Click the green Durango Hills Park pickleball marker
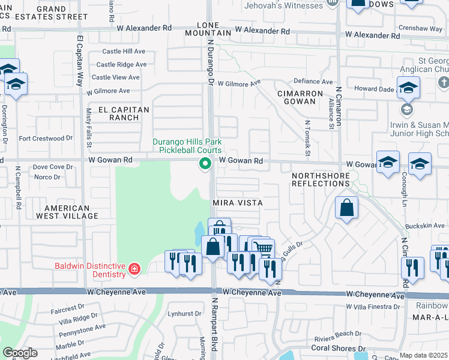coord(205,163)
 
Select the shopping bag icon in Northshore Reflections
coord(346,209)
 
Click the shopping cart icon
coord(262,248)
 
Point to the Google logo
coord(20,353)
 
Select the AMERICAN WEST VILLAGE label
coord(67,212)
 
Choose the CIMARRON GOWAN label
coord(300,98)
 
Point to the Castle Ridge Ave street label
coord(122,64)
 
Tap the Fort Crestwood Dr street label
coord(46,138)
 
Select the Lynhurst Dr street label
coord(184,314)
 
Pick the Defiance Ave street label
coord(313,82)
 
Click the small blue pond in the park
coord(199,230)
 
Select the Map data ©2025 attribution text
coord(423,355)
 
